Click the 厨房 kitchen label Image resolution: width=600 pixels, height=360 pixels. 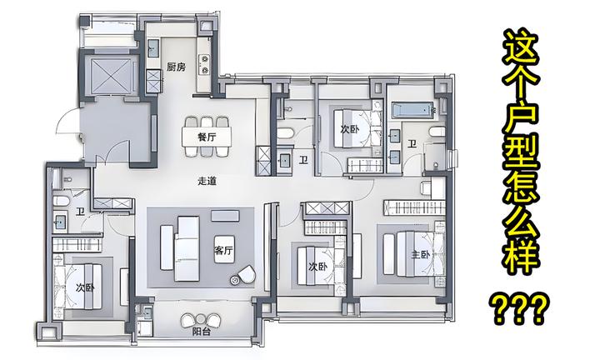176,67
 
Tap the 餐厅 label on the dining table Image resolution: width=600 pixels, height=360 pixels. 207,137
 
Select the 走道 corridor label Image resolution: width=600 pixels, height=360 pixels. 207,181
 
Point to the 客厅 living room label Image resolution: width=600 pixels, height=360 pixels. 224,251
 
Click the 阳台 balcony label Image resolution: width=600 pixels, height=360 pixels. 202,332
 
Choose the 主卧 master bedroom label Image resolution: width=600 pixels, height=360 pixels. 421,254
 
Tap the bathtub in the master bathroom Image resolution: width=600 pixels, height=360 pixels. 412,110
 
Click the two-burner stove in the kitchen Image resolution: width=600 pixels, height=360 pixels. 205,64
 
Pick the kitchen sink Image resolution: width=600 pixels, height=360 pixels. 153,47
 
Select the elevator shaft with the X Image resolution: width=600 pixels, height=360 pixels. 111,75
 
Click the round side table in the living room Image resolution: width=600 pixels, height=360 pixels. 234,280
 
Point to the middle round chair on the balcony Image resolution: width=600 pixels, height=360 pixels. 201,318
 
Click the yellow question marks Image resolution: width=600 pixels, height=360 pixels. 520,307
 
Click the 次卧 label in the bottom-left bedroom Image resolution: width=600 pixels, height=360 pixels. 85,287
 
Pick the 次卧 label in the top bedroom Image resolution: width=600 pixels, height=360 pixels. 350,129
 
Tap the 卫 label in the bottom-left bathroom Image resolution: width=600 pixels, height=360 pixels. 80,211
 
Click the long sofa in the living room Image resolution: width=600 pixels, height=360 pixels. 187,248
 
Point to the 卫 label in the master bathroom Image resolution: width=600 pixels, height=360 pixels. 412,144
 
